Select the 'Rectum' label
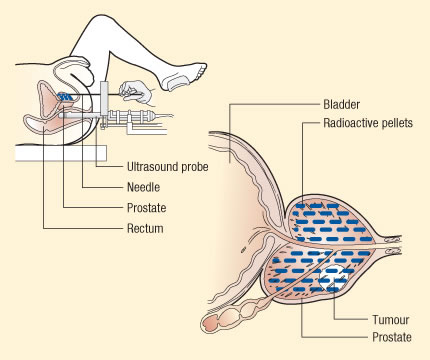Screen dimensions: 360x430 [123, 228]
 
